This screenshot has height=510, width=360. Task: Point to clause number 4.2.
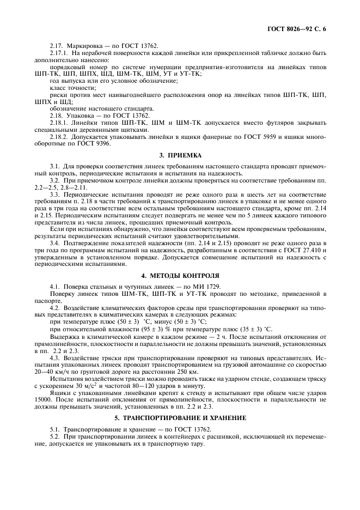tap(55, 308)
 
